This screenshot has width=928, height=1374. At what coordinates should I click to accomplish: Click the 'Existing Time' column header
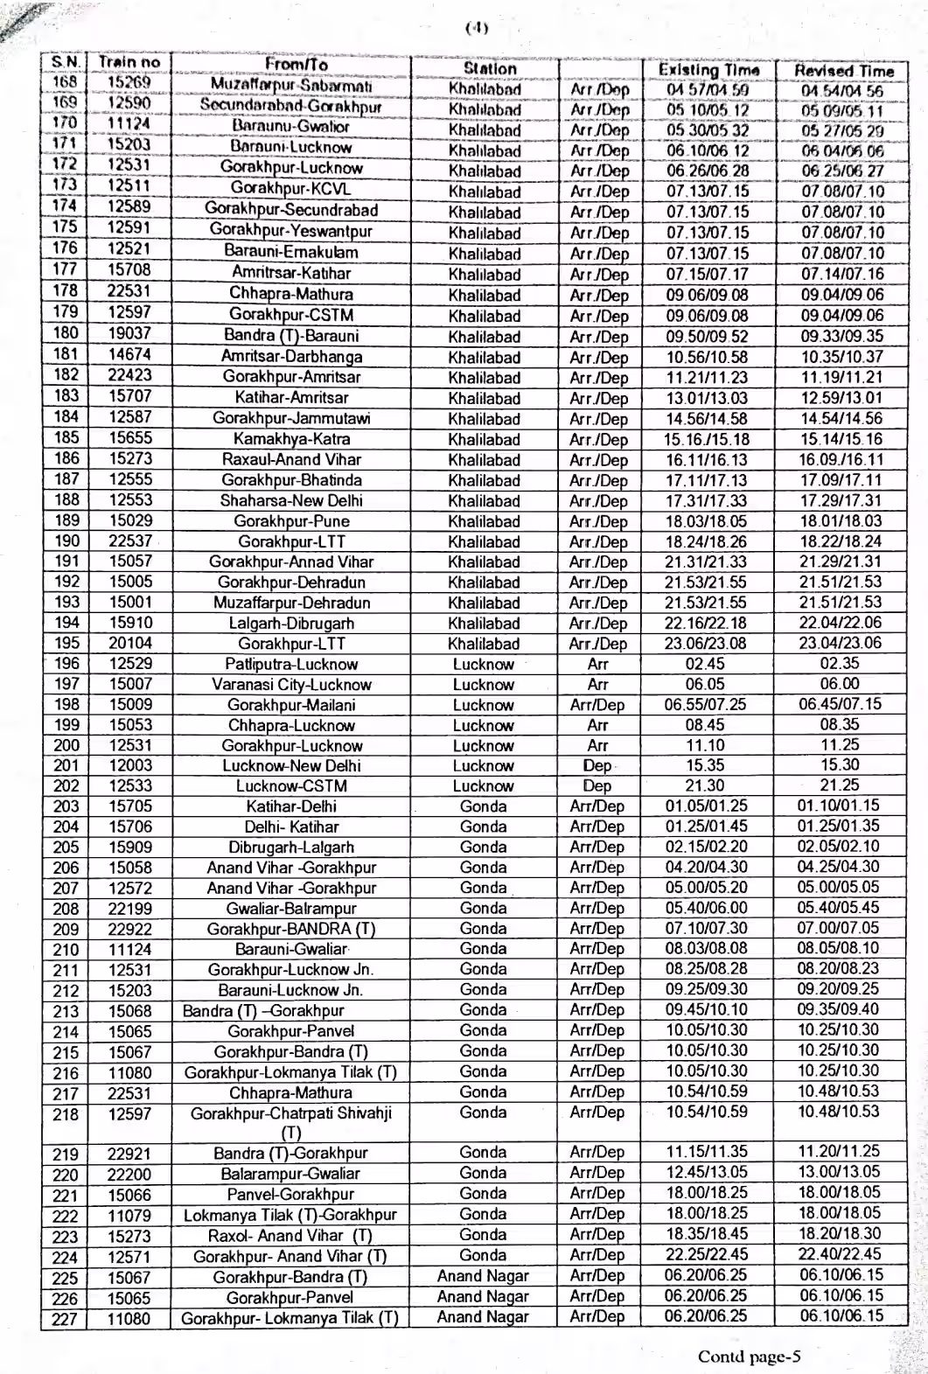click(708, 69)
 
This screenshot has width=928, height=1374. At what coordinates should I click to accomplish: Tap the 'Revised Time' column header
click(844, 71)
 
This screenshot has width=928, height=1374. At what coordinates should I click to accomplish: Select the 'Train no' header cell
click(129, 63)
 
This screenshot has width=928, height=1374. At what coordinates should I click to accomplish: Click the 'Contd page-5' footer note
click(749, 1357)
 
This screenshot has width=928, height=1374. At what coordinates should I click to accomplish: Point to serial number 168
click(66, 83)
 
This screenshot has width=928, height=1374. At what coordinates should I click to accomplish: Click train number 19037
click(129, 333)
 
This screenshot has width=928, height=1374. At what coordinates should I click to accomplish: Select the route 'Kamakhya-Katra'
click(290, 439)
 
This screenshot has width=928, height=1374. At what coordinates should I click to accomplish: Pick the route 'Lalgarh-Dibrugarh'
click(290, 624)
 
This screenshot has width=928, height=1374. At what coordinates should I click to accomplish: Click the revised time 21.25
click(840, 785)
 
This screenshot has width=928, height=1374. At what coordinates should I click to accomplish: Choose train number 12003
click(129, 765)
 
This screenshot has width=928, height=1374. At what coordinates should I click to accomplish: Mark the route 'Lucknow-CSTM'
click(290, 786)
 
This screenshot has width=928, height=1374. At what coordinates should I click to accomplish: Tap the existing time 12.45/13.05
click(707, 1173)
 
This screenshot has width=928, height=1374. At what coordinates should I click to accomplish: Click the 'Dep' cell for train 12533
click(597, 786)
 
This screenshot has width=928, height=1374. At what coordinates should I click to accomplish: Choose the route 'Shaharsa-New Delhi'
click(290, 501)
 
